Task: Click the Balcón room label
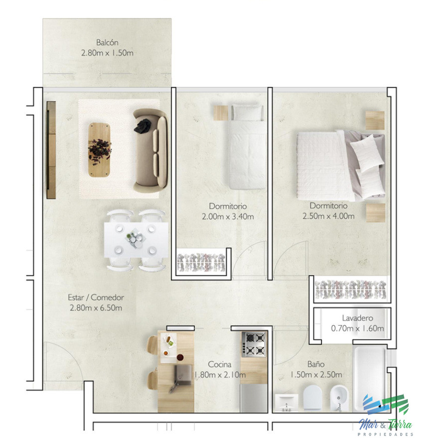(107, 43)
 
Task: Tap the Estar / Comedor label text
(96, 298)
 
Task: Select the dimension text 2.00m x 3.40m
(228, 217)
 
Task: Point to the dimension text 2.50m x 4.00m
(328, 216)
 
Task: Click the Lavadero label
(357, 318)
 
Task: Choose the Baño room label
(316, 364)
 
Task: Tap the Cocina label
(220, 364)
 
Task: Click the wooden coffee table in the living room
(100, 149)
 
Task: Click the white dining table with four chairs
(136, 240)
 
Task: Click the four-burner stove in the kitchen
(254, 343)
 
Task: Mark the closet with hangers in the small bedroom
(202, 262)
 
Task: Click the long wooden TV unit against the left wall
(51, 150)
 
